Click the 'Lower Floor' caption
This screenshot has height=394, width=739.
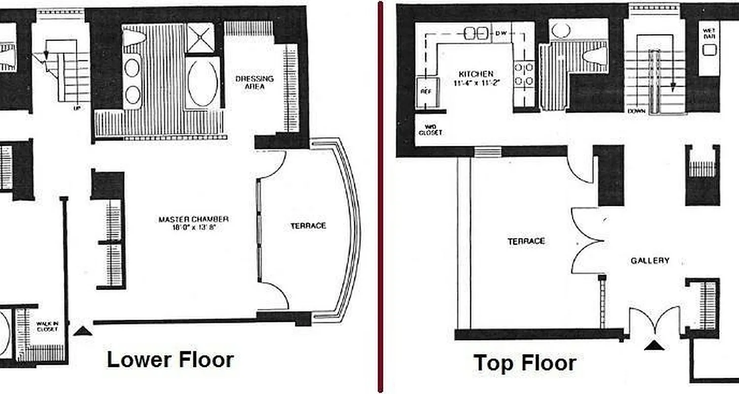point(170,360)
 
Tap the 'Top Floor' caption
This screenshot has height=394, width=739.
point(525,363)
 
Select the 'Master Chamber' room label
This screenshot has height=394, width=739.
point(194,223)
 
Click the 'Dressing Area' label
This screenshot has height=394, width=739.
point(254,82)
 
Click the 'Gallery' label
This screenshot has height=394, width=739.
point(650,261)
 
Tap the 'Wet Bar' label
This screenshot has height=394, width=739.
point(709,33)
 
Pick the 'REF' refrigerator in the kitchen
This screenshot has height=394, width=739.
point(426,92)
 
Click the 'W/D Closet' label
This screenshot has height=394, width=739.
point(430,130)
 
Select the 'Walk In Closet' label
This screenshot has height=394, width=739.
point(47,326)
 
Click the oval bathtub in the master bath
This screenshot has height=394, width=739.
point(202,84)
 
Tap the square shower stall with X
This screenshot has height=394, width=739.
point(200,38)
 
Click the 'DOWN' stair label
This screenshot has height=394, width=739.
point(636,111)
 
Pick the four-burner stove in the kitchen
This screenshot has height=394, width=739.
point(523,74)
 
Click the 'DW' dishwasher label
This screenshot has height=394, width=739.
point(501,33)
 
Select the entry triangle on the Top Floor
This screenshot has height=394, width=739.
point(654,346)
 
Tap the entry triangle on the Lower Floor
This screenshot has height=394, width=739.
point(82,331)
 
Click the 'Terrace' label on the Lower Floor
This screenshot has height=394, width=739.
point(308,226)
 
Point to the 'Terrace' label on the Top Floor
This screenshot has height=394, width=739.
point(526,241)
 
